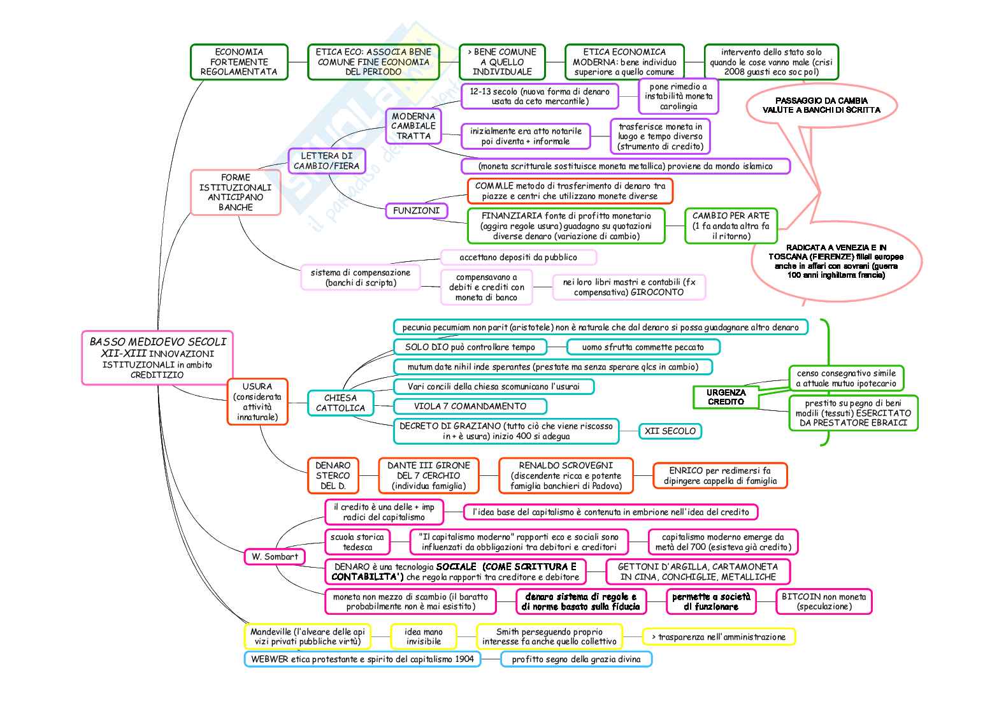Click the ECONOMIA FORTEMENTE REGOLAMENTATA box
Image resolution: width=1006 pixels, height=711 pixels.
coord(239,62)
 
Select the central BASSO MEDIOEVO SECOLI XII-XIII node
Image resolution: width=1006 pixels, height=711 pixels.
coord(157,357)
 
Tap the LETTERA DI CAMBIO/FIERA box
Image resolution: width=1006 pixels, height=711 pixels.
coord(326,161)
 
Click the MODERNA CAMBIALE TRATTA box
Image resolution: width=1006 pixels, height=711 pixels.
coord(413,126)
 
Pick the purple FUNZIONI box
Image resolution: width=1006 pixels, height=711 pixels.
coord(416,210)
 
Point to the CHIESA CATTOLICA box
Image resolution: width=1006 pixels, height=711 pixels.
coord(340,403)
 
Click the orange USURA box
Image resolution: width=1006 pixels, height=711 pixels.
coord(257,401)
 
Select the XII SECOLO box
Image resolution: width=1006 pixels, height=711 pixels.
coord(670,431)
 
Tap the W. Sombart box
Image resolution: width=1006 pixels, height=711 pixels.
coord(275,556)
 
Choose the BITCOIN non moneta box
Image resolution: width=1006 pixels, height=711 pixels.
coord(823,601)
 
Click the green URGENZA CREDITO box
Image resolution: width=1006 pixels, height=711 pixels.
coord(726,397)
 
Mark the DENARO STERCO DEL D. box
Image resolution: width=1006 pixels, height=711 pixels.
coord(333,475)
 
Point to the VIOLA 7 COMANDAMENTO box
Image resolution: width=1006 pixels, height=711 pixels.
coord(470,406)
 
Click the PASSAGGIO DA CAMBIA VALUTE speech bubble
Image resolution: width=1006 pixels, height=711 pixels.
coord(821,105)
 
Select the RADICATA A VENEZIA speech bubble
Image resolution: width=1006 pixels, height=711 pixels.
coord(836,261)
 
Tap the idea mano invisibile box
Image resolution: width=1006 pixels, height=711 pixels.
coord(423,636)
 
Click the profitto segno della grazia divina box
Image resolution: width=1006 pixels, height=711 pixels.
coord(576,659)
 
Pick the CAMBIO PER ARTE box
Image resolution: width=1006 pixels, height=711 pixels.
coord(731,226)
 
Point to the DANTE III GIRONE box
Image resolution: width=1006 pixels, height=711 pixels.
coord(428,475)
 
